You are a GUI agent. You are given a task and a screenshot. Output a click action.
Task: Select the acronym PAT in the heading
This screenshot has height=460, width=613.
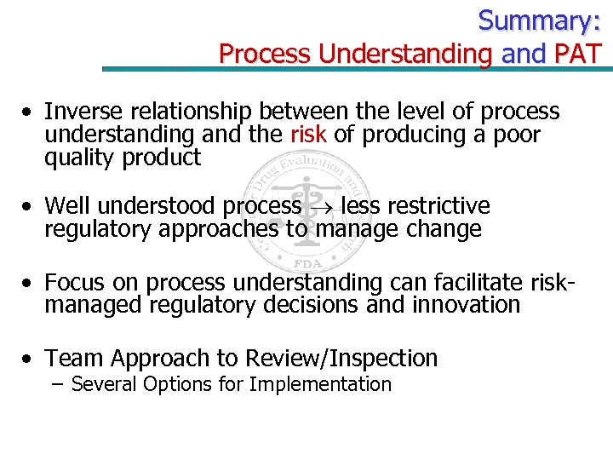pyautogui.click(x=579, y=53)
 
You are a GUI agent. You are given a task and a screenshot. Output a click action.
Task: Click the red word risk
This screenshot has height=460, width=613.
pyautogui.click(x=309, y=135)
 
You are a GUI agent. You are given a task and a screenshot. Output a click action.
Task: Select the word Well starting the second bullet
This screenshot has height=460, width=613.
pyautogui.click(x=67, y=206)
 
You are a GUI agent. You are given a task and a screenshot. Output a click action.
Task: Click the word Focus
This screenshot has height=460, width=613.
pyautogui.click(x=74, y=282)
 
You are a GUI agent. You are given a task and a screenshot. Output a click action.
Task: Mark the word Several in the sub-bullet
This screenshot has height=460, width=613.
pyautogui.click(x=105, y=384)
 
